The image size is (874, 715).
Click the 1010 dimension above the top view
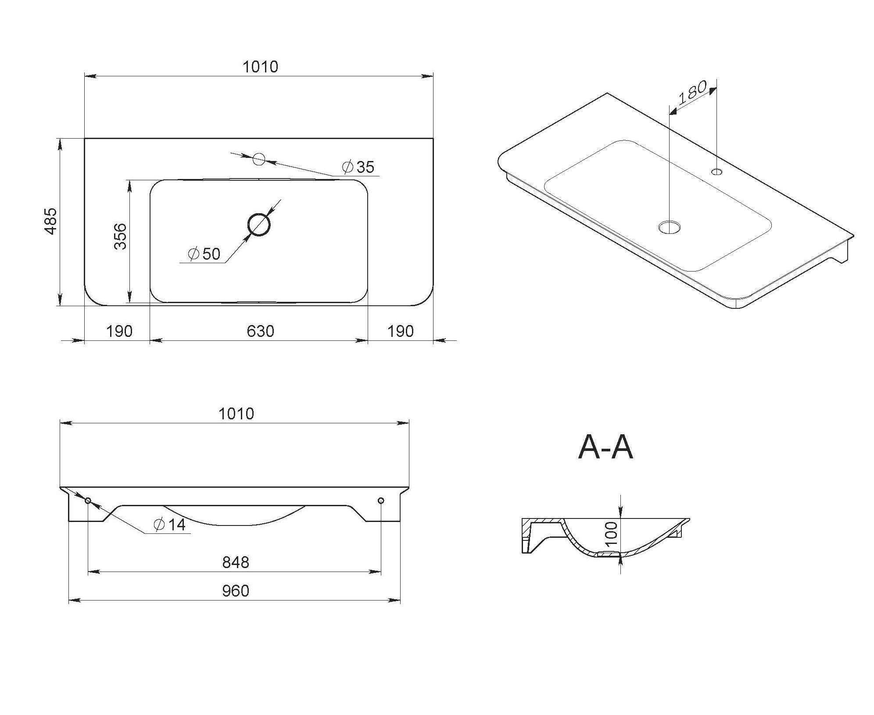[x=260, y=67]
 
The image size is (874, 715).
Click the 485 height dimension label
[x=51, y=221]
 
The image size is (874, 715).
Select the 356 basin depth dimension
[x=120, y=236]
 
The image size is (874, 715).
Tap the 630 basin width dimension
[x=260, y=331]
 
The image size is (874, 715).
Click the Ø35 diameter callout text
[x=358, y=167]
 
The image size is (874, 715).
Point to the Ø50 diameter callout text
[x=204, y=254]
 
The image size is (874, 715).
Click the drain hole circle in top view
[x=259, y=225]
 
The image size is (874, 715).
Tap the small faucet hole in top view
[x=259, y=159]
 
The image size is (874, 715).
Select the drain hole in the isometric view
[x=670, y=227]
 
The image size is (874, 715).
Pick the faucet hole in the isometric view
[x=717, y=171]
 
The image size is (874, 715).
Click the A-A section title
[x=606, y=448]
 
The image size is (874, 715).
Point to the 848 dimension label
[x=236, y=562]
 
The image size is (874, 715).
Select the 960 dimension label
[x=236, y=591]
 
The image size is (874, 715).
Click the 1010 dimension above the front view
[x=236, y=414]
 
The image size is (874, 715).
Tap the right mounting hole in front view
[x=381, y=500]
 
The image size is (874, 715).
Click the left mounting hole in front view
[x=88, y=500]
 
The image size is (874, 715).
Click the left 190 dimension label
[x=119, y=331]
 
